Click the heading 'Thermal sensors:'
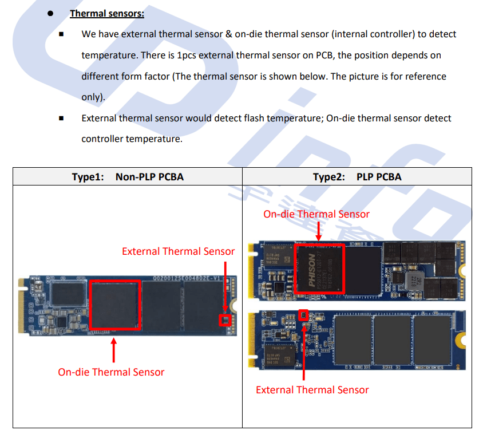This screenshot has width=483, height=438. [107, 13]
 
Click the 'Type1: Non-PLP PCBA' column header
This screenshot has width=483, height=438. [128, 177]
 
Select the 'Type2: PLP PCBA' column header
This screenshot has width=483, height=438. [357, 177]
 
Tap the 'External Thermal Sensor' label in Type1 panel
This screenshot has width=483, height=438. [178, 251]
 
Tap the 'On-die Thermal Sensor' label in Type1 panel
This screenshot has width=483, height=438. [111, 372]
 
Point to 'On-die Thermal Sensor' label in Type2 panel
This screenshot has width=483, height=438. [316, 214]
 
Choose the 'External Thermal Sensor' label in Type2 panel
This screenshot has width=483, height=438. [312, 390]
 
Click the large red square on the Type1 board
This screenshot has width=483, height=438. [115, 304]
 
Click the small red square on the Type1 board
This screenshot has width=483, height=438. [225, 319]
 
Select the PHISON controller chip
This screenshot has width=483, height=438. [319, 269]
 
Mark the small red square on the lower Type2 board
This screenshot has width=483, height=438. [304, 314]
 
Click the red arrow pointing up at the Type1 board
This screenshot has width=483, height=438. [114, 350]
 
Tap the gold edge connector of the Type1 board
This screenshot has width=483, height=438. [23, 307]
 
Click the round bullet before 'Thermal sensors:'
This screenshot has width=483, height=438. [51, 13]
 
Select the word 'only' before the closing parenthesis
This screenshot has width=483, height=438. [90, 97]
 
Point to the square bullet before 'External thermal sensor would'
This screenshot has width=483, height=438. [61, 119]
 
